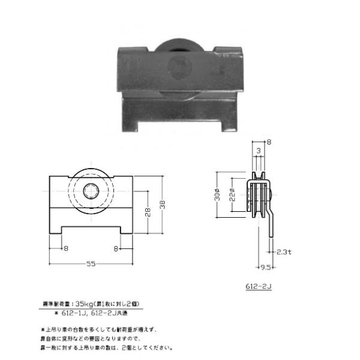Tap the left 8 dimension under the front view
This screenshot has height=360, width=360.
pyautogui.click(x=65, y=247)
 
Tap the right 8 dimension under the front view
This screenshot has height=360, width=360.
pyautogui.click(x=115, y=247)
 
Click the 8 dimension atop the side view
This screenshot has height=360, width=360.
pyautogui.click(x=269, y=142)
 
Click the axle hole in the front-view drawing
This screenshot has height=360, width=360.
pyautogui.click(x=92, y=193)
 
